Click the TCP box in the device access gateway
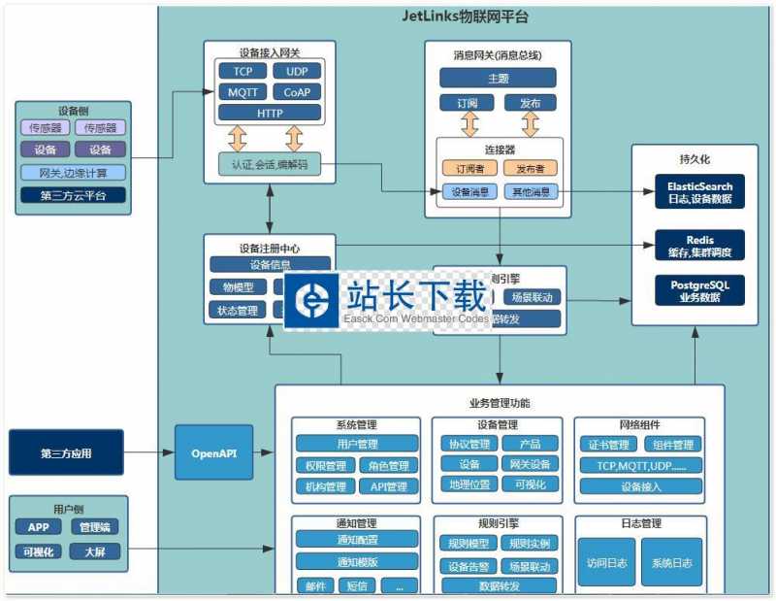(242, 71)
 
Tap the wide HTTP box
(269, 114)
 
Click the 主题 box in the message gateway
(499, 79)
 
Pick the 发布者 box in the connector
(530, 169)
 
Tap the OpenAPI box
(213, 452)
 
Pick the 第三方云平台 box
(73, 195)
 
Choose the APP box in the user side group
(38, 527)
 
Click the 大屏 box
(94, 551)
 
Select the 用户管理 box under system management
(356, 444)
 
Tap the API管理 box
(389, 486)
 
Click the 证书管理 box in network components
(608, 445)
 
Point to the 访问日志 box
(606, 562)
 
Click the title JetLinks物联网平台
(466, 17)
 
